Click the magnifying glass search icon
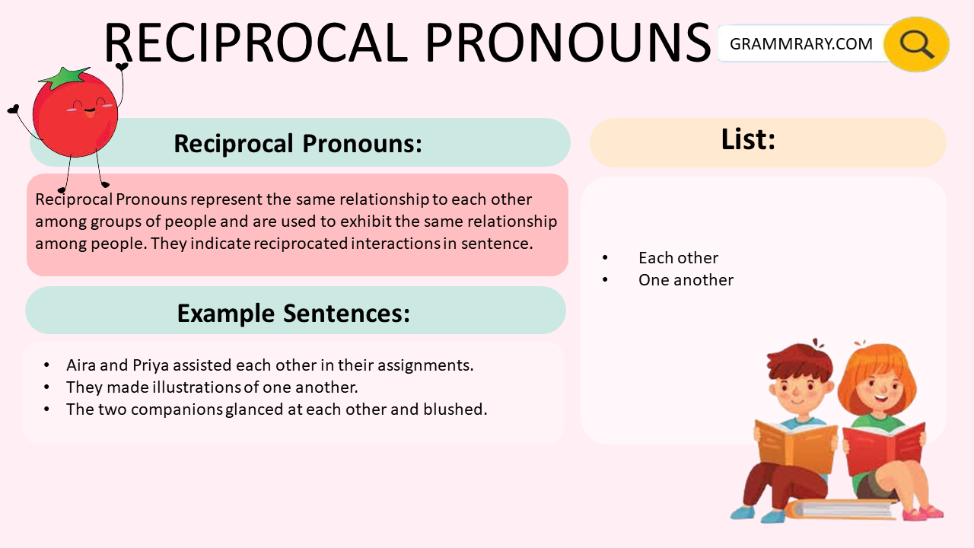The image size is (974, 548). click(916, 44)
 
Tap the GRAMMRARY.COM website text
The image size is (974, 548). click(801, 44)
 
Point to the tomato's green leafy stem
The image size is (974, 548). click(65, 77)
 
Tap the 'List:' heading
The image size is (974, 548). click(747, 139)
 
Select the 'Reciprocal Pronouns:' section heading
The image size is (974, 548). click(298, 143)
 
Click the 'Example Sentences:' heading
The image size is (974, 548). click(293, 313)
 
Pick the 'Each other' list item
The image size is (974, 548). click(678, 258)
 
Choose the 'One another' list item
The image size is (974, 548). click(686, 280)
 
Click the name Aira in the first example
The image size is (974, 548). click(81, 365)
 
